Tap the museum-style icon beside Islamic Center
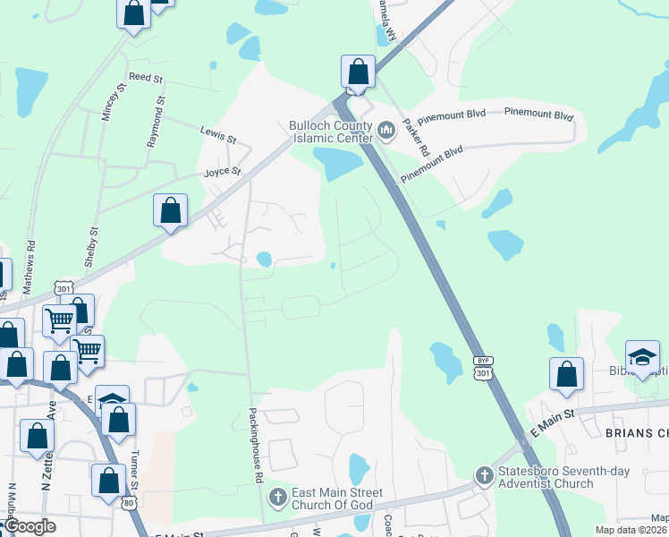pyautogui.click(x=387, y=132)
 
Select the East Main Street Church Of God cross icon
pyautogui.click(x=277, y=496)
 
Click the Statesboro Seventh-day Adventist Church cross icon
pyautogui.click(x=484, y=474)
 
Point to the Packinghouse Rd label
pyautogui.click(x=256, y=446)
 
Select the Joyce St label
pyautogui.click(x=223, y=171)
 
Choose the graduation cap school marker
pyautogui.click(x=642, y=356)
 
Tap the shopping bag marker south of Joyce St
pyautogui.click(x=171, y=211)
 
